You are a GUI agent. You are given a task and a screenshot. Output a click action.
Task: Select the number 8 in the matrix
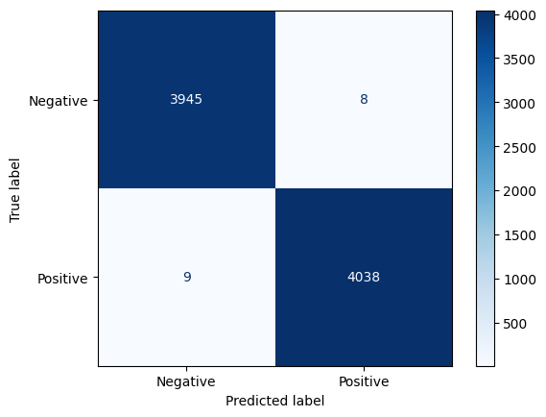364,99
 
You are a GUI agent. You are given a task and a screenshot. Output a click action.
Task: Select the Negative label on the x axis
186,381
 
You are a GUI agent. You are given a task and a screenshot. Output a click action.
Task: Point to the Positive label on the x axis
364,381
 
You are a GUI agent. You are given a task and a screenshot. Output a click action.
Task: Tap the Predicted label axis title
275,401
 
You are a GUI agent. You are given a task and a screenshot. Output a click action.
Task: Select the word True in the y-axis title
15,210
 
